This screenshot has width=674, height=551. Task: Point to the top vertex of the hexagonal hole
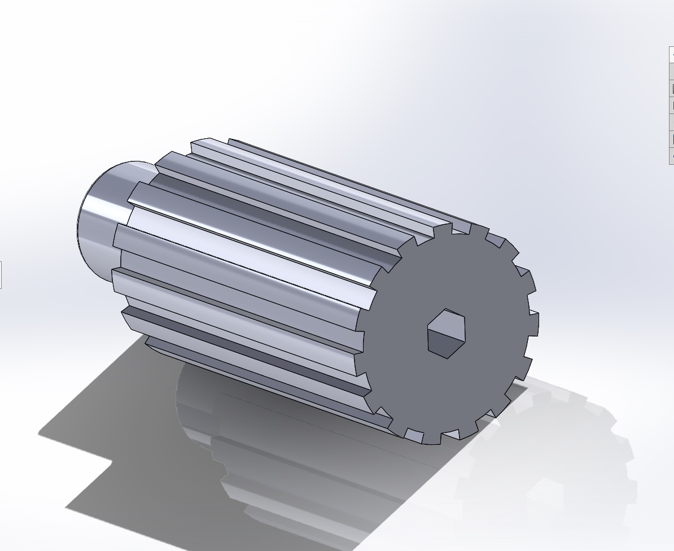(447, 309)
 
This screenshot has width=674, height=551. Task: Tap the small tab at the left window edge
(1, 275)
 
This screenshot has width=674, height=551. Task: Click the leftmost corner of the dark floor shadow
(40, 434)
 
